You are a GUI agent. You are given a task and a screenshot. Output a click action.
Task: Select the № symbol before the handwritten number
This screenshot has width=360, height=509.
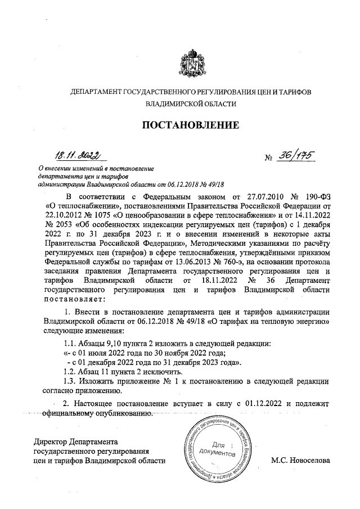coord(268,157)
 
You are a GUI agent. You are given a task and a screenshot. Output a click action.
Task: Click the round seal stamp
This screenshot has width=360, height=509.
coord(218,451)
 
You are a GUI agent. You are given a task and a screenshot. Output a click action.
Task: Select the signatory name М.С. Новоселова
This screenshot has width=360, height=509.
coord(299,461)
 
